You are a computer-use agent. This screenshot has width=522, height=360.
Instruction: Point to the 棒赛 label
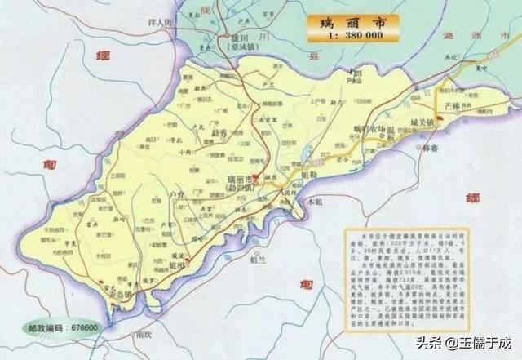431,148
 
